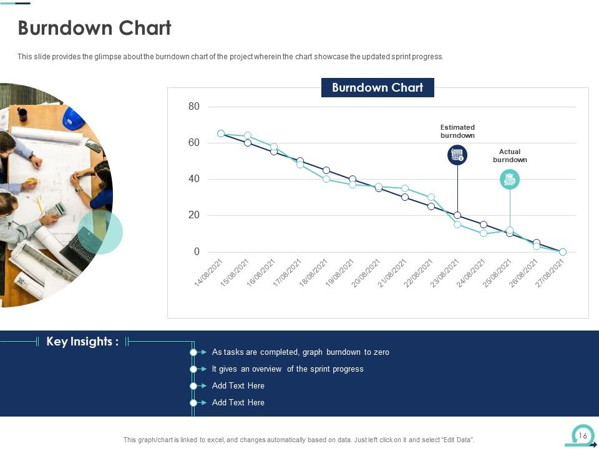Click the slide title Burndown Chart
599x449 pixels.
(x=94, y=29)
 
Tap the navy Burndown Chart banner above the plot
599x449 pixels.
(x=377, y=88)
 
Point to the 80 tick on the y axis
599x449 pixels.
(x=194, y=107)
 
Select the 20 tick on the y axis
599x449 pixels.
(x=194, y=215)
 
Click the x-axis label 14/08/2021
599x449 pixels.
(x=208, y=273)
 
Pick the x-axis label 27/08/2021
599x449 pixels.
(x=550, y=273)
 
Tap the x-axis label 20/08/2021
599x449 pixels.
(x=366, y=273)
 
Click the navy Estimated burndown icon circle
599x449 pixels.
(x=457, y=155)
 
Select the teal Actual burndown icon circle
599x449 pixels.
(x=510, y=180)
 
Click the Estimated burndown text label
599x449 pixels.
(x=457, y=131)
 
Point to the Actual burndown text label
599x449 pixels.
(x=510, y=156)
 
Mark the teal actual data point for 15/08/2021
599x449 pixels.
(x=248, y=135)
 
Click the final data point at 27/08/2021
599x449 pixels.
(x=563, y=252)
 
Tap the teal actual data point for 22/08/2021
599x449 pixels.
(x=431, y=197)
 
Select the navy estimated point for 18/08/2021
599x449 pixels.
(x=326, y=170)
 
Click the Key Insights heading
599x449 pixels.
(x=82, y=342)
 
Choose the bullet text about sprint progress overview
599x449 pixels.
(x=288, y=369)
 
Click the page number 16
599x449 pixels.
(x=583, y=436)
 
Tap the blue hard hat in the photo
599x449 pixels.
(x=73, y=118)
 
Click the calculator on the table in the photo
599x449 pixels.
(x=57, y=209)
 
